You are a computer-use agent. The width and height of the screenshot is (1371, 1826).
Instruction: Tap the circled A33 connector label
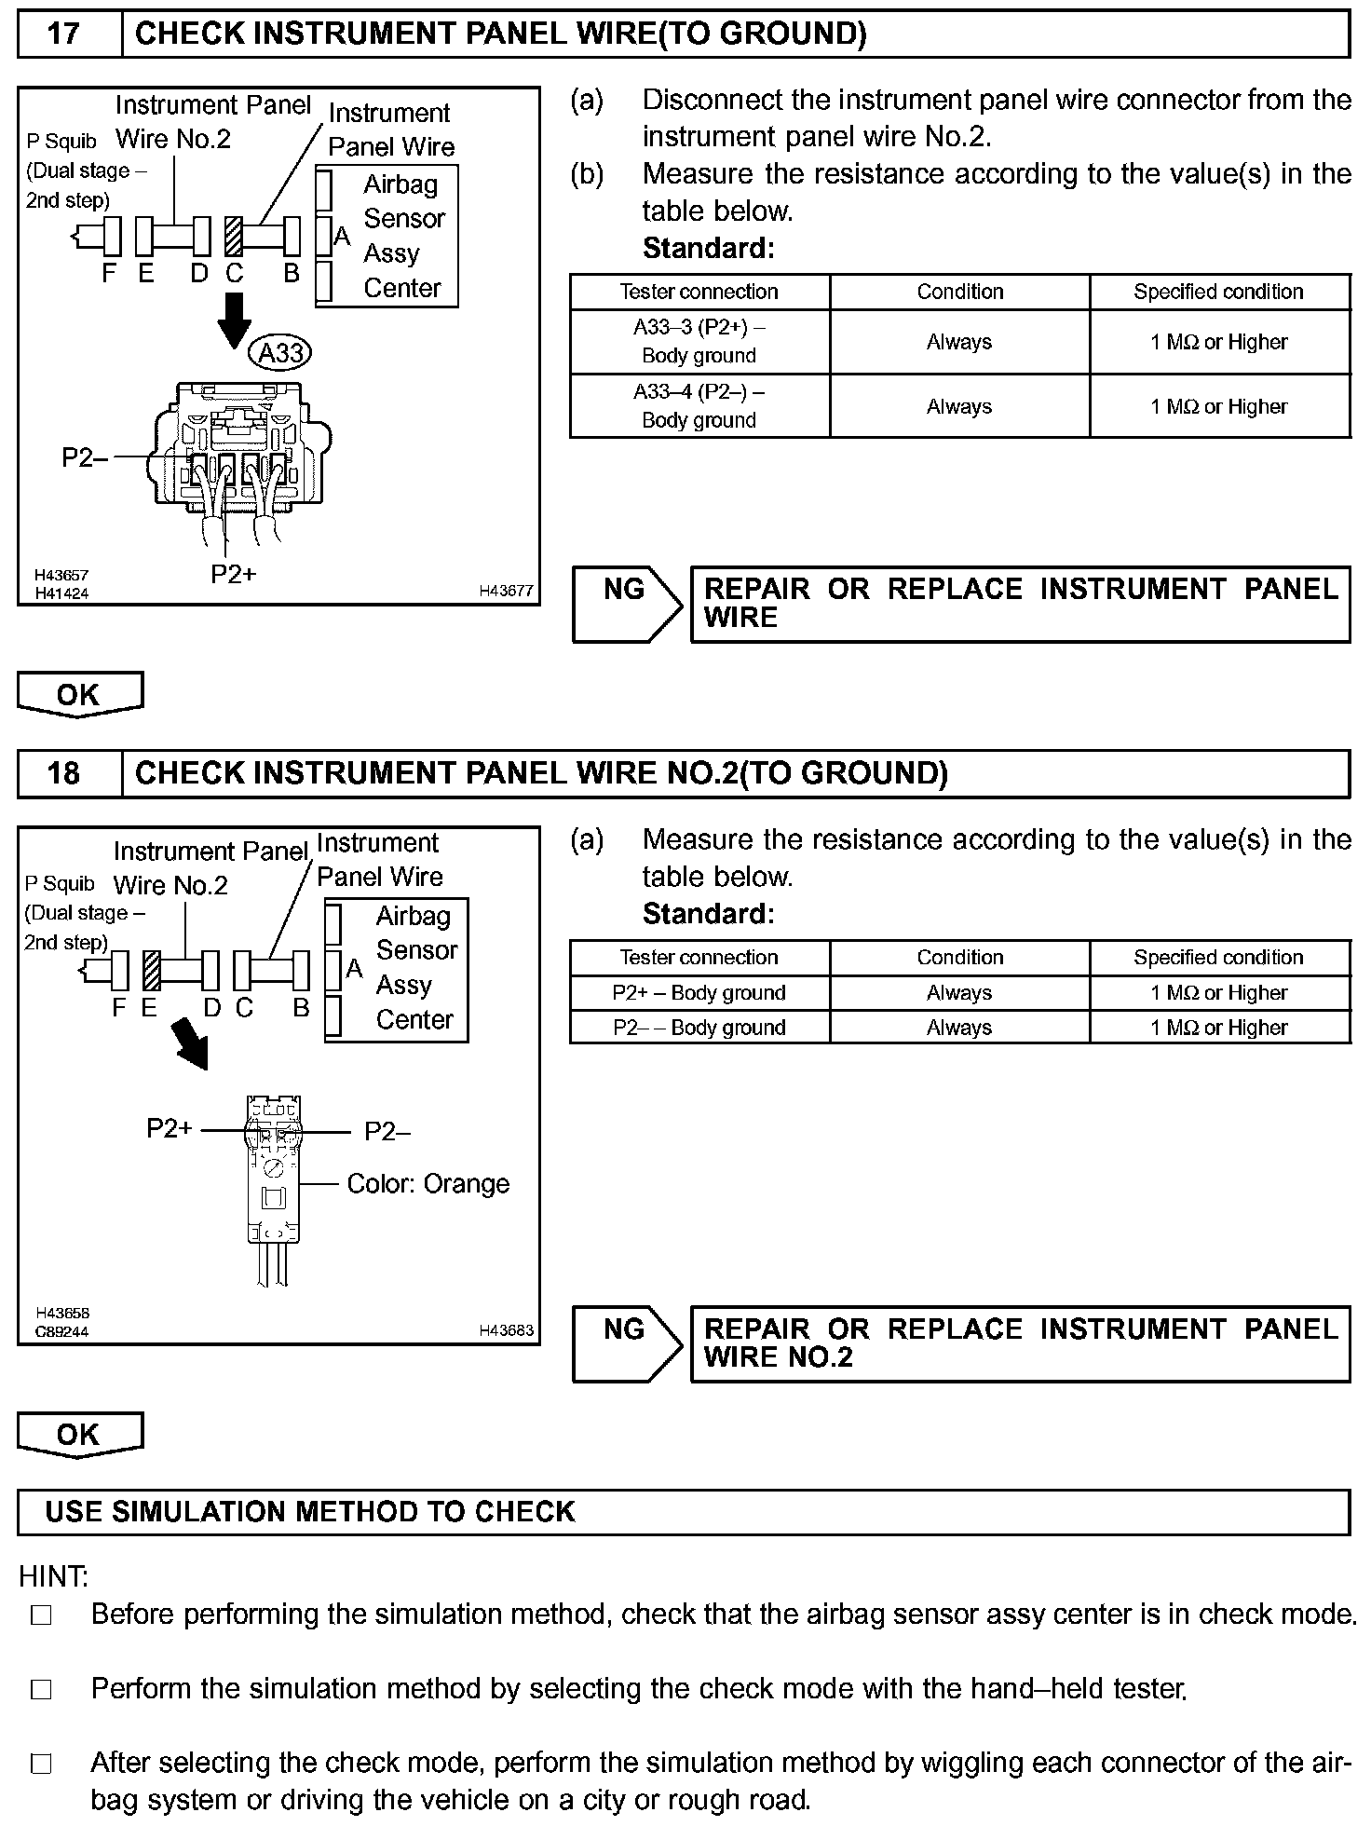(279, 353)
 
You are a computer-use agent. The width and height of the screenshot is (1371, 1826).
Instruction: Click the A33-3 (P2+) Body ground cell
(699, 342)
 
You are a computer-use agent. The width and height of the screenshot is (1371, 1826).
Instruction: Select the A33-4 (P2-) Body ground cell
(699, 406)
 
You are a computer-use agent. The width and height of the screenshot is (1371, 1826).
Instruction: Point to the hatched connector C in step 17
(234, 237)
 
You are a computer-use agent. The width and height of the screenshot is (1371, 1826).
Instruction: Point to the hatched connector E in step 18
(152, 971)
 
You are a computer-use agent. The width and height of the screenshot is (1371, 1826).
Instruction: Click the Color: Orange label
(428, 1184)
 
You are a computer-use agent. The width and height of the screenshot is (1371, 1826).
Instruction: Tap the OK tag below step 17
(79, 694)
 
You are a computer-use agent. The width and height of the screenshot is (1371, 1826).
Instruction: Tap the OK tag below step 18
(79, 1434)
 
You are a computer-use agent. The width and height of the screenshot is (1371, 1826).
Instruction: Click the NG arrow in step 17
(627, 604)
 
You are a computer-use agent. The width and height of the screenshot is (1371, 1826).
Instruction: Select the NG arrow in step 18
(627, 1343)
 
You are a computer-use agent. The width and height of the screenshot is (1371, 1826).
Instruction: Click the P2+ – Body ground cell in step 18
(699, 993)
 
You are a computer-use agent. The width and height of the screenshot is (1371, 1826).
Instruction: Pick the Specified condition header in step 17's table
(1218, 292)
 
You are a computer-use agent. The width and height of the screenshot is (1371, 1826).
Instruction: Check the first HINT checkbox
(41, 1615)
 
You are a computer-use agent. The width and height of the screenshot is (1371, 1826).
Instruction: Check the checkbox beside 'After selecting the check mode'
(41, 1764)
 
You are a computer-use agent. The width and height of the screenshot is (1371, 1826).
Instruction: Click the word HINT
(53, 1576)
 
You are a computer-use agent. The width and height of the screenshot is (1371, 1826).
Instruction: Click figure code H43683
(506, 1330)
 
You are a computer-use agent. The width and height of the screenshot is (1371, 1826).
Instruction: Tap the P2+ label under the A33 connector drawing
(233, 574)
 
